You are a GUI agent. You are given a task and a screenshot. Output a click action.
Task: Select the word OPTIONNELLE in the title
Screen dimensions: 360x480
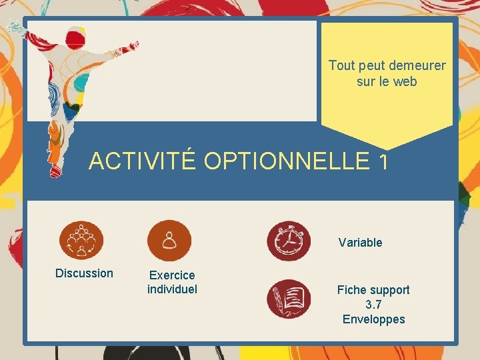285,161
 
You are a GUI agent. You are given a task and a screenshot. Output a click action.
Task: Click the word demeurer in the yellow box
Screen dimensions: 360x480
417,66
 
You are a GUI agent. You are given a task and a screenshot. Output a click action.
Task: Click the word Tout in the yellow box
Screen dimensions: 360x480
341,66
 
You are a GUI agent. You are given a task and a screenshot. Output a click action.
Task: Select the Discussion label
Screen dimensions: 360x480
84,273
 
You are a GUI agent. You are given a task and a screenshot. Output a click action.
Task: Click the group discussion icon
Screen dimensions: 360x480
81,241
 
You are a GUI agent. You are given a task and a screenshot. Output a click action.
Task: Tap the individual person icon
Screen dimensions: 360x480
169,240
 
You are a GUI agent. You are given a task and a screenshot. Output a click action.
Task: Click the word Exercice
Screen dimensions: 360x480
172,275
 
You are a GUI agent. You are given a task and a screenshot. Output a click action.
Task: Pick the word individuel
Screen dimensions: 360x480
172,289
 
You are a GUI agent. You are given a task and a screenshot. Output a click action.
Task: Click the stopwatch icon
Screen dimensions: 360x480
288,241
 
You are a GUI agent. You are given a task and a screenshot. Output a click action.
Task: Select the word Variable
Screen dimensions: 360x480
360,243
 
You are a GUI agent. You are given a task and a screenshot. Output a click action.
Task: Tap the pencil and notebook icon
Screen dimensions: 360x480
288,299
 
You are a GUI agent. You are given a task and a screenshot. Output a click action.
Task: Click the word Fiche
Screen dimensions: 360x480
351,290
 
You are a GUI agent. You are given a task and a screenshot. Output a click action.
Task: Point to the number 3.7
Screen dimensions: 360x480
373,305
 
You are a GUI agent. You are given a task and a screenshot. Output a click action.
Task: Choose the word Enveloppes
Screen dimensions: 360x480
373,319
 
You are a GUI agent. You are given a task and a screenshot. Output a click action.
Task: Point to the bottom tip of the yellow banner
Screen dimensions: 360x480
387,149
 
